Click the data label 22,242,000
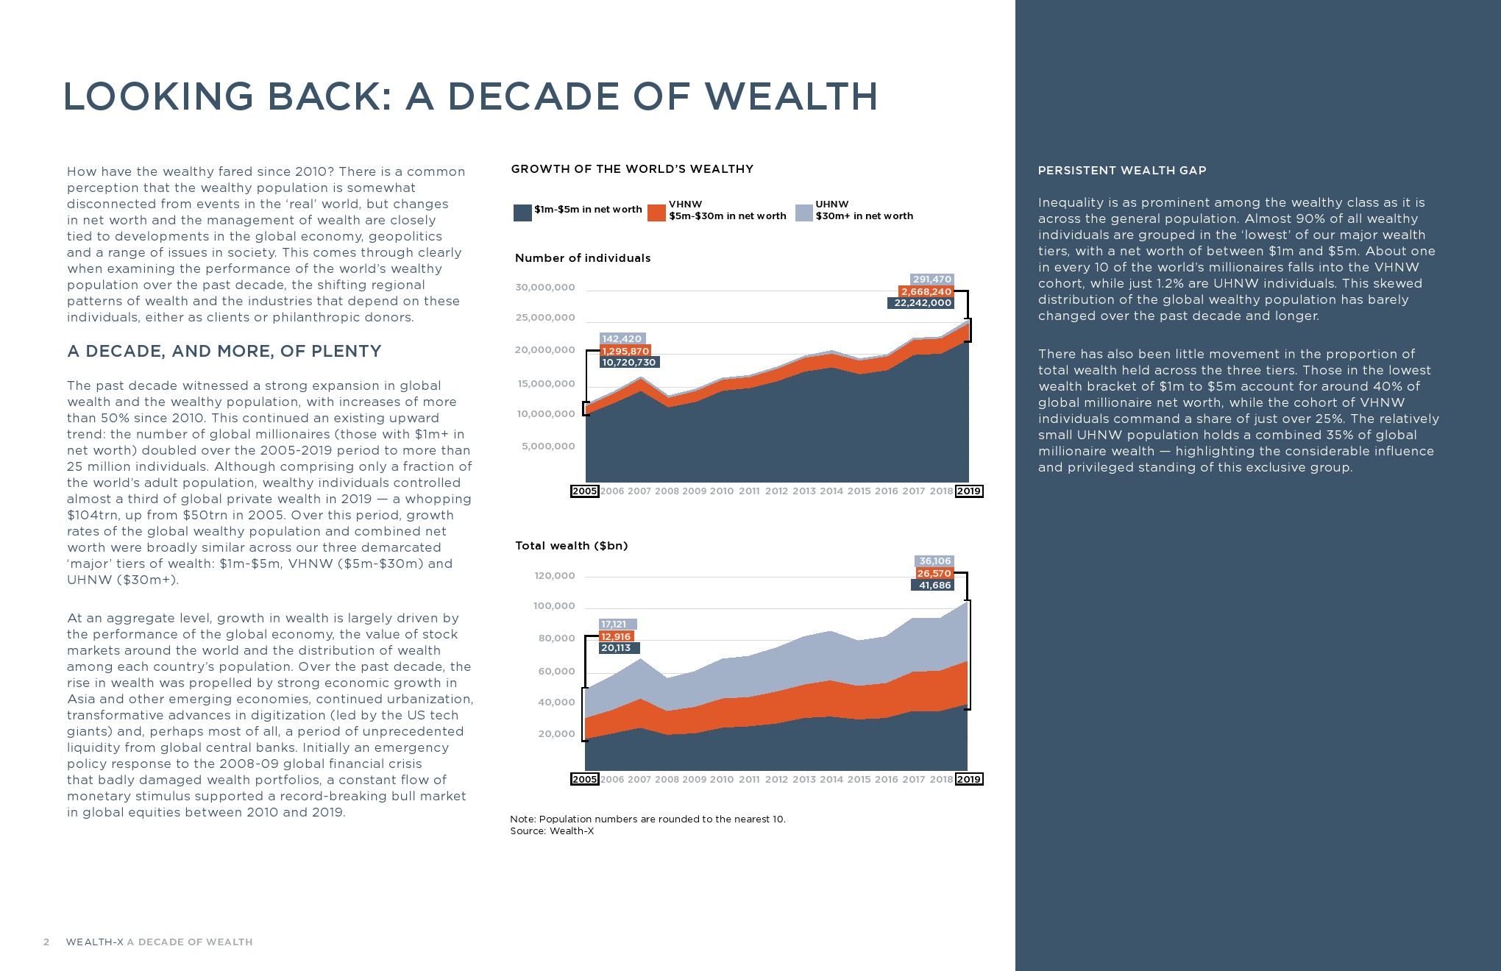tap(922, 303)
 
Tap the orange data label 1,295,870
tap(625, 351)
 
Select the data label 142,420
tap(622, 339)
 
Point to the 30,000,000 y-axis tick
tap(545, 288)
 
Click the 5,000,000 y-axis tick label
tap(548, 447)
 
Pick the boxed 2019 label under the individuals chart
tap(968, 491)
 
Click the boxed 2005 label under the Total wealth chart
tap(584, 780)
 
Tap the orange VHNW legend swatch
tap(656, 213)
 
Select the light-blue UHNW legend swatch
tap(803, 213)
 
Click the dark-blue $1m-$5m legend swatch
tap(522, 213)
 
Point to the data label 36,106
tap(934, 561)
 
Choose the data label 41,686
tap(934, 586)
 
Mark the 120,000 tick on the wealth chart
tap(555, 576)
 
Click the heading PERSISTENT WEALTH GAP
tap(1122, 171)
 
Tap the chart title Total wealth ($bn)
tap(571, 546)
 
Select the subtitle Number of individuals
tap(583, 258)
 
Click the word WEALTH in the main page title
tap(791, 96)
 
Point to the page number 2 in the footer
tap(46, 942)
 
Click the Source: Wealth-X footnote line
tap(552, 831)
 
